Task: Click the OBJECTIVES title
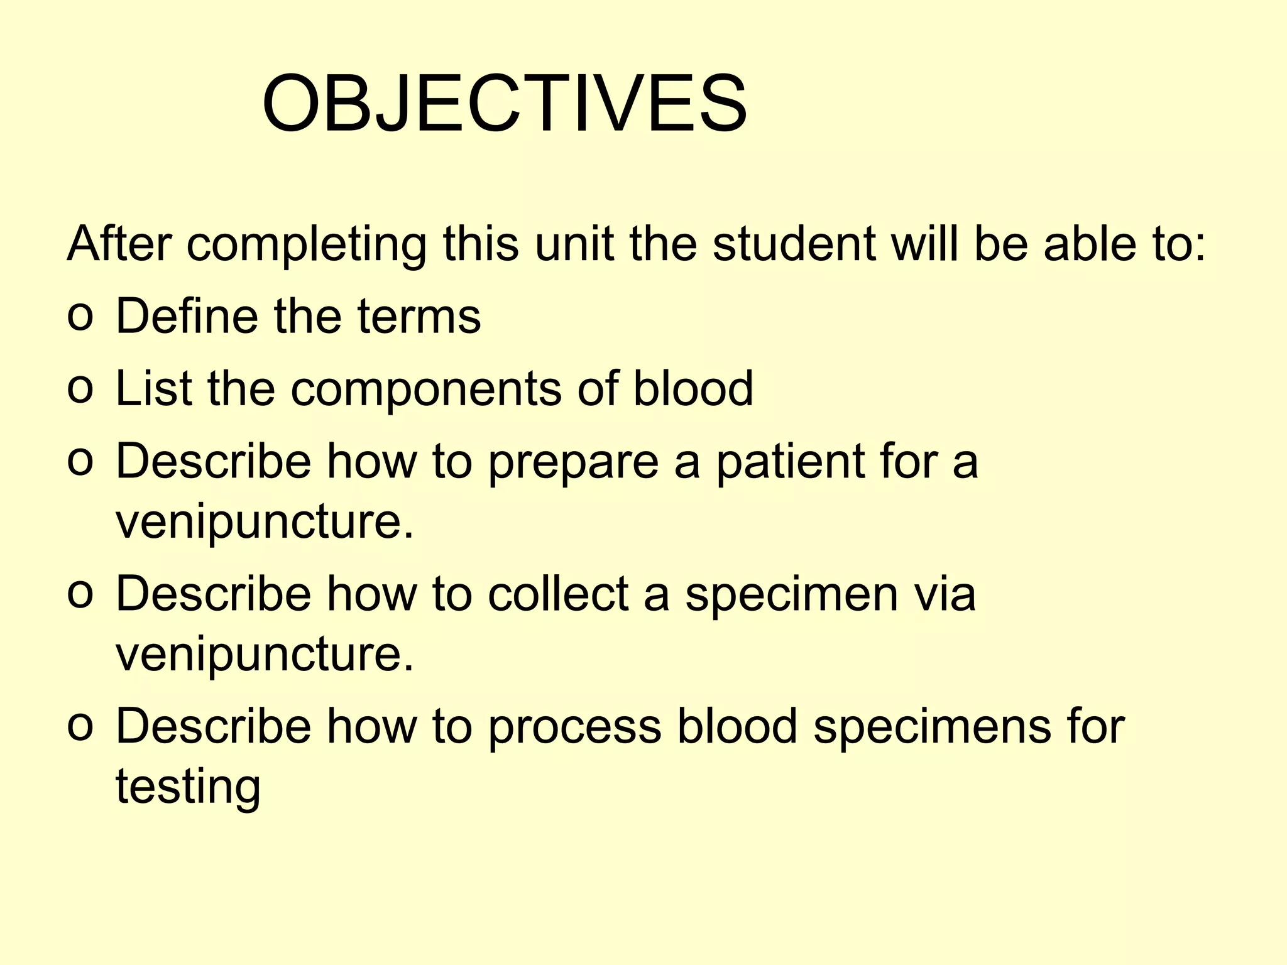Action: [x=505, y=104]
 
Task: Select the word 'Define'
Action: [x=187, y=315]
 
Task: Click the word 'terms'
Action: [x=419, y=315]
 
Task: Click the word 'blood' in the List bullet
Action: [x=693, y=388]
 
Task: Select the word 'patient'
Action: [x=791, y=461]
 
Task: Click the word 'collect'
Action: [x=559, y=593]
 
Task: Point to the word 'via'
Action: [x=945, y=593]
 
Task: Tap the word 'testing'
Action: [x=188, y=788]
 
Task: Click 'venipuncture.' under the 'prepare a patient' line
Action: [x=265, y=523]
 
